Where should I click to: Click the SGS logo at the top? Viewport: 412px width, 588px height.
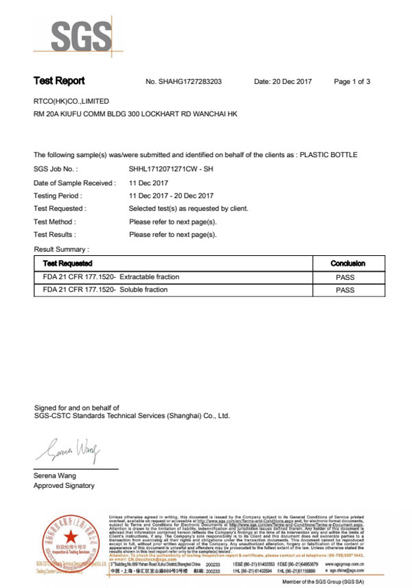pos(72,34)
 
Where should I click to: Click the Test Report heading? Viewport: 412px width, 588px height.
pos(59,81)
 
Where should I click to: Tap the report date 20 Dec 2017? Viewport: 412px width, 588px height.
pos(283,82)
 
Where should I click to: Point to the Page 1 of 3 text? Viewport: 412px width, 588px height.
pos(352,82)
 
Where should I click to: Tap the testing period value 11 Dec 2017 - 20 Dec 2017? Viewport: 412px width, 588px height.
pos(173,196)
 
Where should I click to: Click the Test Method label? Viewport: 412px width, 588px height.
pos(55,222)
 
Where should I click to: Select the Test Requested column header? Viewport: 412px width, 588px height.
pos(67,263)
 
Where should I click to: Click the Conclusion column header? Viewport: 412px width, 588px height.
pos(347,263)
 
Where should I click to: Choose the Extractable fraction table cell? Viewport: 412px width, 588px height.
pos(111,277)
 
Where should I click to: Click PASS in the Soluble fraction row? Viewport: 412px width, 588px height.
pos(345,290)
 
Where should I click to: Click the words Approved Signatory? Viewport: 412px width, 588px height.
pos(65,486)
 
